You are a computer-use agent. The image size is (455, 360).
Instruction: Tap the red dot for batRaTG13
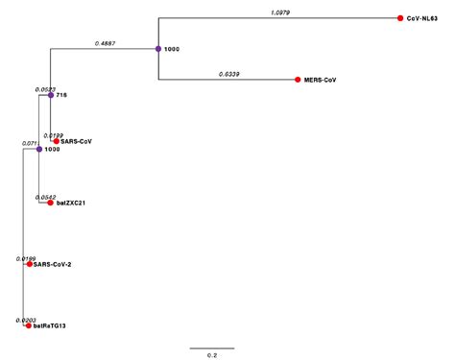point(28,326)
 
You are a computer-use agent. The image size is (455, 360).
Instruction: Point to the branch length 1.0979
point(279,12)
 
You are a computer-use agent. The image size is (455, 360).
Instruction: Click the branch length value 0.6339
point(228,74)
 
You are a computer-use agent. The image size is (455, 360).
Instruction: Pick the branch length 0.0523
point(44,89)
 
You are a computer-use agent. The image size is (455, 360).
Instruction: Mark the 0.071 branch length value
point(31,143)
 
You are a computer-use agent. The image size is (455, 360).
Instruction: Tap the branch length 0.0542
point(45,197)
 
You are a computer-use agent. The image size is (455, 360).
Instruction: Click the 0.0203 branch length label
point(25,320)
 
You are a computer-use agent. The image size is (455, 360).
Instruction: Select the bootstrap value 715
point(61,96)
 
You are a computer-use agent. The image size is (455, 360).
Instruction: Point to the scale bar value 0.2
point(211,354)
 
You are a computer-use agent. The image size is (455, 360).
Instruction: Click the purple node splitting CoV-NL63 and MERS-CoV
point(157,49)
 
